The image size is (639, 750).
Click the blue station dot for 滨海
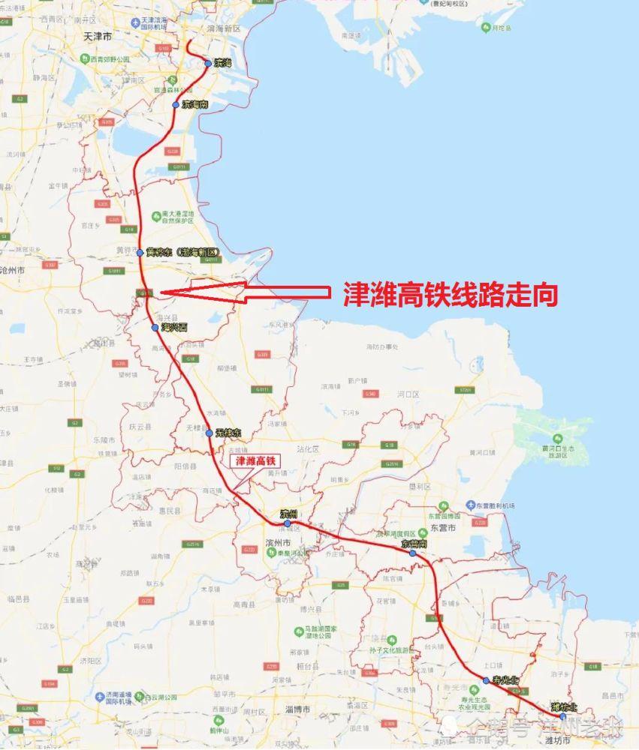208,64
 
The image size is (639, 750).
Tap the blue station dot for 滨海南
176,105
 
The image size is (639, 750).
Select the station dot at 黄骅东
140,253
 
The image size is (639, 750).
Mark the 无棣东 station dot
209,433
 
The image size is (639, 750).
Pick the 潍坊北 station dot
562,716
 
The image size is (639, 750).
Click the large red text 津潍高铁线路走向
451,294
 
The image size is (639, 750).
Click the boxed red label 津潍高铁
257,460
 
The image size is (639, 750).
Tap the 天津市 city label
98,35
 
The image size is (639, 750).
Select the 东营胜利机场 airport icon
470,504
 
